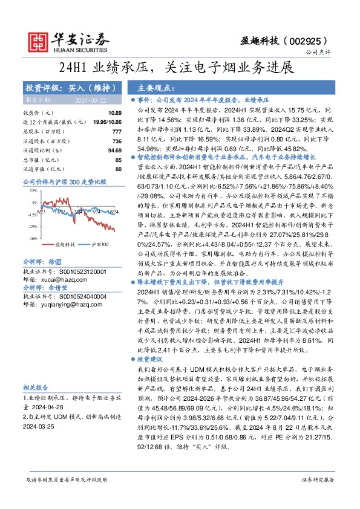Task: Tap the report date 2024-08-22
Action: point(91,100)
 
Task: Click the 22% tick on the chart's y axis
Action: point(32,190)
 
